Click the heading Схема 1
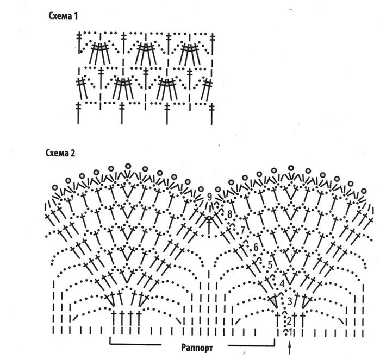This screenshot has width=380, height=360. (63, 17)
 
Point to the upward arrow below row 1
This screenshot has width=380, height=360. (290, 346)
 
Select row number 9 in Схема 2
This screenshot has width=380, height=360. (209, 197)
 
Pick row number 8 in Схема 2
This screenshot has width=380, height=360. (230, 214)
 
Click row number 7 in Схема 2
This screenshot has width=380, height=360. (243, 230)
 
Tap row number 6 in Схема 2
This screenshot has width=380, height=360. (256, 248)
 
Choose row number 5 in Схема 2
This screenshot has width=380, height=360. (270, 264)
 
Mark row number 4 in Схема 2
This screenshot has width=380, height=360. (282, 283)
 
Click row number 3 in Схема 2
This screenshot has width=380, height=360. (290, 300)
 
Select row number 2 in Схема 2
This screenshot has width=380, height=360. (289, 320)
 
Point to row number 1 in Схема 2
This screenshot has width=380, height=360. (290, 331)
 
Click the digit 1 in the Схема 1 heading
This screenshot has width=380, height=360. (76, 17)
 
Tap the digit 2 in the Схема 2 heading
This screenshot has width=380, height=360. (72, 153)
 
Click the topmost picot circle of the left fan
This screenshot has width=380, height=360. (128, 165)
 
